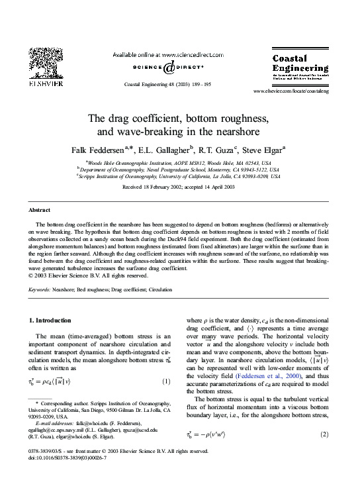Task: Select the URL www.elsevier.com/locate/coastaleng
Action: (291, 91)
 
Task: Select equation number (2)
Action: (324, 434)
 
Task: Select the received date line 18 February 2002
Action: (179, 187)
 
